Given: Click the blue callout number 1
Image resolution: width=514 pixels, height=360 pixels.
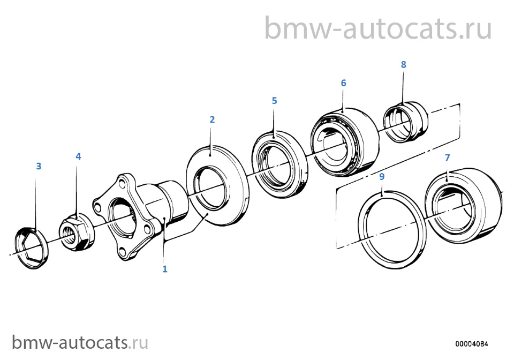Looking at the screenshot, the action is pos(165,269).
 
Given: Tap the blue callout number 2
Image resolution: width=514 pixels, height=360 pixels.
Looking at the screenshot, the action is pos(212,119).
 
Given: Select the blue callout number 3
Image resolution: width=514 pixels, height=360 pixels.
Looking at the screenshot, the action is pos(39,166).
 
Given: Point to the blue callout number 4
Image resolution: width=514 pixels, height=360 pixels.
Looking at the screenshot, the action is pos(78,156).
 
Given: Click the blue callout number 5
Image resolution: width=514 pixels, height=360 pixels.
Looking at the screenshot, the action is pos(274,101).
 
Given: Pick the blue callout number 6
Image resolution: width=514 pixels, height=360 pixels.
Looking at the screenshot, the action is pos(343,83).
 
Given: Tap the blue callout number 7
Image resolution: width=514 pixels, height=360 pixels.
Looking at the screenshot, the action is pos(447,157).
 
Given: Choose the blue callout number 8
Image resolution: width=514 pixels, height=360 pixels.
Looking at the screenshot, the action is pos(403,65).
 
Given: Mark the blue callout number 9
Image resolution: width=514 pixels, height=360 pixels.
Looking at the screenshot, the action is pos(382,177).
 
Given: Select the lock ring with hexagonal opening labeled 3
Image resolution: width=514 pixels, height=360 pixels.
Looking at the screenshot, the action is pos(32,248).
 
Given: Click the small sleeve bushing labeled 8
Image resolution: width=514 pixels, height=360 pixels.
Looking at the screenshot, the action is pos(406,122).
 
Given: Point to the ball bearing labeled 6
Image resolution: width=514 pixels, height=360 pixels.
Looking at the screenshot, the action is pos(345,141).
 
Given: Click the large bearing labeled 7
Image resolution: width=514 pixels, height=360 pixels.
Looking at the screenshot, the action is pos(463,206).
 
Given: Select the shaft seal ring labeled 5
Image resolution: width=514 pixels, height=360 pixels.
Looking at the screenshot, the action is pos(279,164).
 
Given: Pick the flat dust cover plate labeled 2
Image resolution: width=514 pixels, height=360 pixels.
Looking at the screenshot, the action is pos(217,186).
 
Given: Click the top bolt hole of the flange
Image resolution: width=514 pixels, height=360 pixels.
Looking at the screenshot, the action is pos(122,181).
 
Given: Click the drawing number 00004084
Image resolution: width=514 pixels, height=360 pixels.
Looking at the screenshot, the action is pos(471,344).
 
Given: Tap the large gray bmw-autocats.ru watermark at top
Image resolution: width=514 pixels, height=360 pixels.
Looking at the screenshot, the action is pos(378,28).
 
